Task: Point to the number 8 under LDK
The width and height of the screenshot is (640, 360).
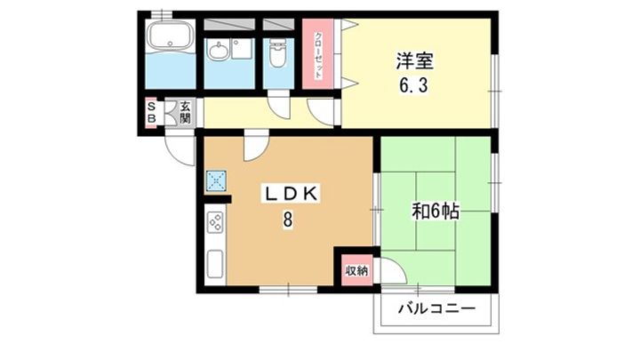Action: pos(288,219)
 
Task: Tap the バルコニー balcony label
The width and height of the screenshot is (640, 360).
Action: pos(436,309)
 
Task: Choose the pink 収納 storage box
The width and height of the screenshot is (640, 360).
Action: pos(357,270)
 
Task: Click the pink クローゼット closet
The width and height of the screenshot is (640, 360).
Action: pos(317,53)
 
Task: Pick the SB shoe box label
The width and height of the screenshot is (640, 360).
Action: pos(151,112)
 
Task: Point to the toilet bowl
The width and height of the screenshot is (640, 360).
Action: pos(276,54)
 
